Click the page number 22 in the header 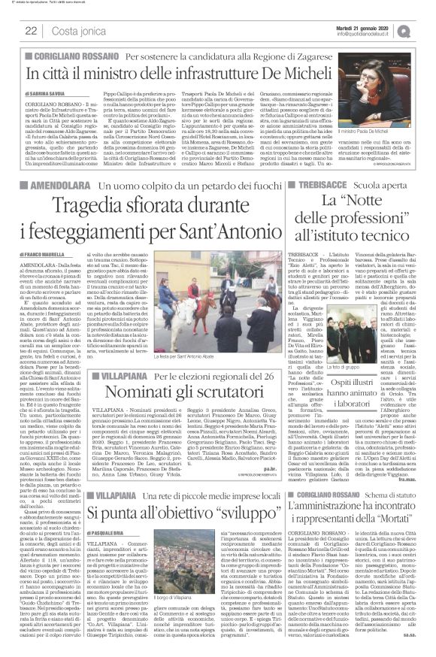pyautogui.click(x=32, y=31)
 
